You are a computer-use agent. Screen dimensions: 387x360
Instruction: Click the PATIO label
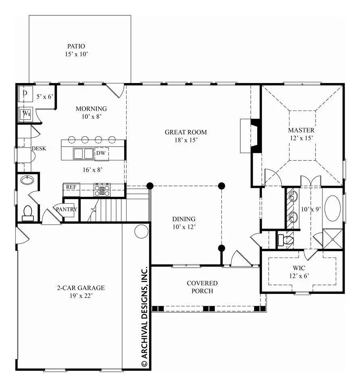pos(76,46)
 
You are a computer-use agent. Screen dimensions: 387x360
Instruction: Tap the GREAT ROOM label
pos(185,132)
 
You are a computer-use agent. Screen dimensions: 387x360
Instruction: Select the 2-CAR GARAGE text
pos(80,288)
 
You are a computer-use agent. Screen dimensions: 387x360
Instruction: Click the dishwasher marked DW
pos(101,154)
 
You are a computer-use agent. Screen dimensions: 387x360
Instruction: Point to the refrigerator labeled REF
pos(71,187)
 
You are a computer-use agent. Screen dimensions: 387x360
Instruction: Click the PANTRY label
pos(67,209)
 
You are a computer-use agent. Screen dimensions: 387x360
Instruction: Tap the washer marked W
pos(26,114)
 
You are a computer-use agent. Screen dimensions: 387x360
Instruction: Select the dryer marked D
pos(25,94)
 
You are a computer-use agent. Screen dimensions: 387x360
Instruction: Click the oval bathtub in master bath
pos(333,208)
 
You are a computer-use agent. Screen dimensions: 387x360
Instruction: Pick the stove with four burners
pos(102,189)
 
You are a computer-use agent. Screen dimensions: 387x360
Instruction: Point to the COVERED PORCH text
pos(202,287)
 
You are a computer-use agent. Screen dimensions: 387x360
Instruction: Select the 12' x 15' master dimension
pos(301,138)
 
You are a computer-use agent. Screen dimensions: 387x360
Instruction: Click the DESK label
pos(39,148)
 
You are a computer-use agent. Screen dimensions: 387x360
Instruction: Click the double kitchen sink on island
pos(83,154)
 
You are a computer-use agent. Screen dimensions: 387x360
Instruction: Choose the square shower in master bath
pos(333,239)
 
